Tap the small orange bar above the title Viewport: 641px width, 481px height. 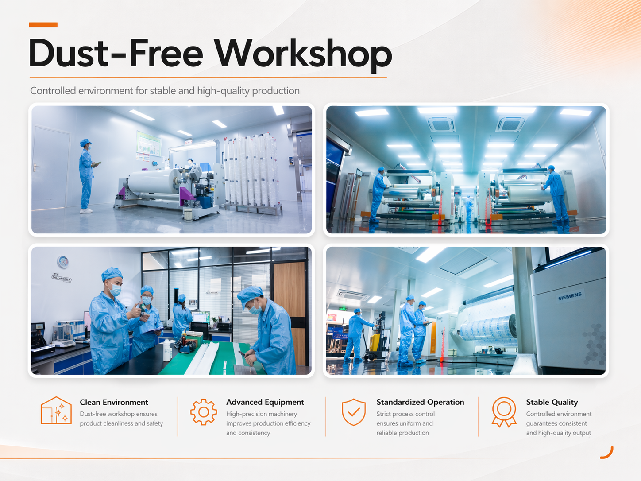point(43,24)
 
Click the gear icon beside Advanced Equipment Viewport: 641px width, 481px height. point(204,412)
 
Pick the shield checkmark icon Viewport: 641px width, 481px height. point(354,412)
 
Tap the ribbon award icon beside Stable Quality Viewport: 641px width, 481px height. point(504,412)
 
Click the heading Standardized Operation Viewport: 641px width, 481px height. point(420,402)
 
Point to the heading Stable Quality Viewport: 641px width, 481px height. point(552,403)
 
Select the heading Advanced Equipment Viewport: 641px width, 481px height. point(265,403)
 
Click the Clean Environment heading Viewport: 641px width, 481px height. point(114,402)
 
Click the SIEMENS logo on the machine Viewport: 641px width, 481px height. point(570,296)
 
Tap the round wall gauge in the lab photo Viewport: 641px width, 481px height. point(63,262)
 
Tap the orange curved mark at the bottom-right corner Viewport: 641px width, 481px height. point(608,454)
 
